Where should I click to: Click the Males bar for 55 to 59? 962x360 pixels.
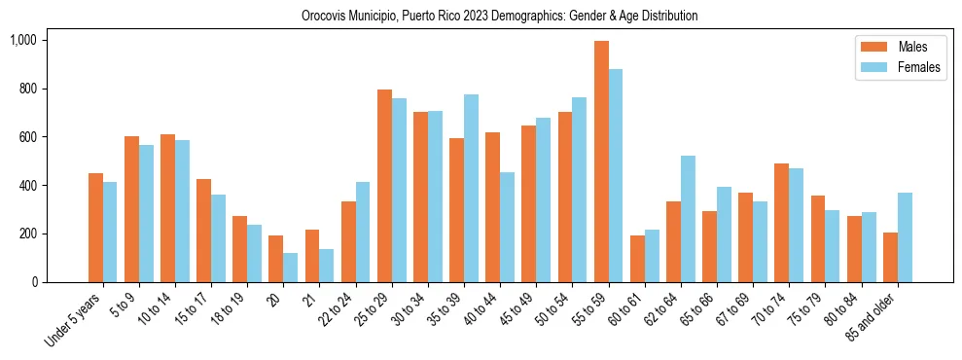pos(602,162)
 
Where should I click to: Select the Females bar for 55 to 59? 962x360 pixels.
pos(617,175)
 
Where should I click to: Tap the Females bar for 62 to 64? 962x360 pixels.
pos(689,219)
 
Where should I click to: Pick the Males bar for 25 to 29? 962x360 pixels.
pos(385,186)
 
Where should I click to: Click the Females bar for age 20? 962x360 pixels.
pos(291,268)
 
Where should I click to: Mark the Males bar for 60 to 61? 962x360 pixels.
pos(638,259)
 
